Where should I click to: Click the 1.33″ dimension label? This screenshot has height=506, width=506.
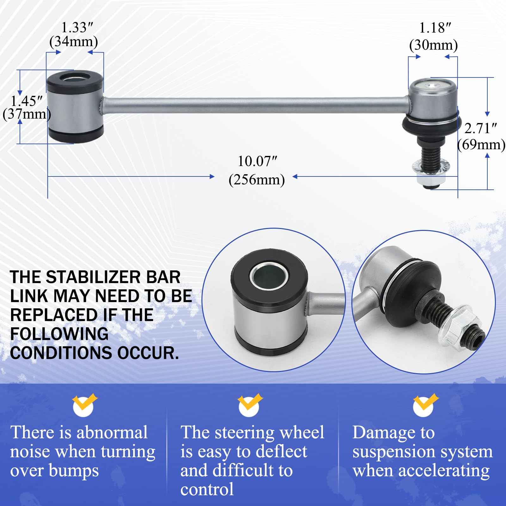click(77, 28)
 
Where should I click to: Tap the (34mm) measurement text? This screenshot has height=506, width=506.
click(74, 42)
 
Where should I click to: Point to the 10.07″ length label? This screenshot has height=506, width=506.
click(257, 161)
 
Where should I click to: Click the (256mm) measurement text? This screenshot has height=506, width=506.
click(256, 180)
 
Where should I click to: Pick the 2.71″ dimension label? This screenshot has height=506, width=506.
click(480, 128)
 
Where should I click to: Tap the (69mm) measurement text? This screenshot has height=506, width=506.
click(481, 145)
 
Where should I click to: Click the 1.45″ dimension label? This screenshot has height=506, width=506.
click(27, 101)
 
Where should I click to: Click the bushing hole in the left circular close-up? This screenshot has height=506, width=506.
click(269, 276)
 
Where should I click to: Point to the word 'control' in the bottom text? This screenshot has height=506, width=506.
click(207, 489)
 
